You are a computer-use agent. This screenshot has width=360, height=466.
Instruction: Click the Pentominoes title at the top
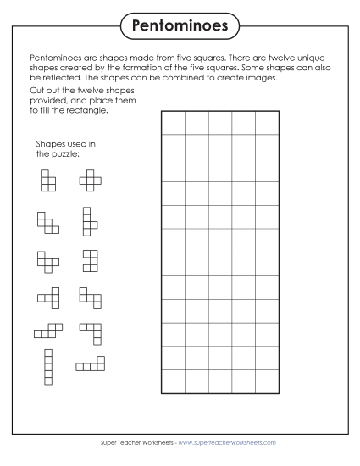pos(180,26)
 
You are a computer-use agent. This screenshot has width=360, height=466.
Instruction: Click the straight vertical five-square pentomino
pos(48,366)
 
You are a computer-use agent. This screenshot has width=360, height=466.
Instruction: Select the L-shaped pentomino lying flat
pos(91,364)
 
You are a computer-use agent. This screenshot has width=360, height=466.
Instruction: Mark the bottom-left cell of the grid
pos(173,381)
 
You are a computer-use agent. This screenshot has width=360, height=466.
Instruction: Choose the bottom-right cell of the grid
pos(268,381)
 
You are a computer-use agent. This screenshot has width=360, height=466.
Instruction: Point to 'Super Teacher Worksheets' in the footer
pos(124,443)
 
